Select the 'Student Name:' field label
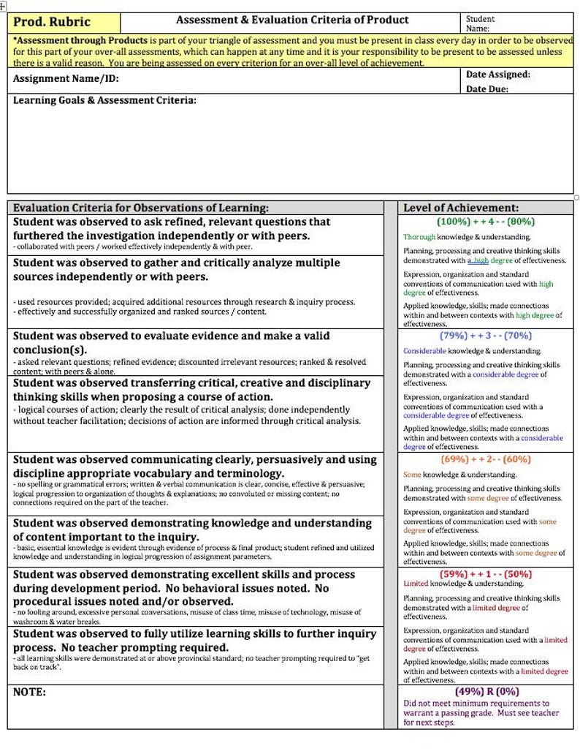point(479,23)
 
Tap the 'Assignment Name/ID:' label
point(66,79)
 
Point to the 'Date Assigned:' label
point(498,75)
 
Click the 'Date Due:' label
point(487,89)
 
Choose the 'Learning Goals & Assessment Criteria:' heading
point(104,100)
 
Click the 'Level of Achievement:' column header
point(461,208)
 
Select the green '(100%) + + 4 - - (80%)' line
point(485,221)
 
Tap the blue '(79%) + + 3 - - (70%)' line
point(485,336)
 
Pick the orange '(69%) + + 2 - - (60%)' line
point(485,459)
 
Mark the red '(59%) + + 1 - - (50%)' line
point(485,574)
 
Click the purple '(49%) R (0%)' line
point(486,691)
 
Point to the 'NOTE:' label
point(29,692)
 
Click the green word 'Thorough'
point(419,237)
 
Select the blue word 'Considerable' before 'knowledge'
point(424,351)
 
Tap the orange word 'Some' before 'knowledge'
point(412,475)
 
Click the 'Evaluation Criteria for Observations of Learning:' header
point(141,208)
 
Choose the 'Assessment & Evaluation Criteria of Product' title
point(292,20)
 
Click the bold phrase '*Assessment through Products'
point(70,40)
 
